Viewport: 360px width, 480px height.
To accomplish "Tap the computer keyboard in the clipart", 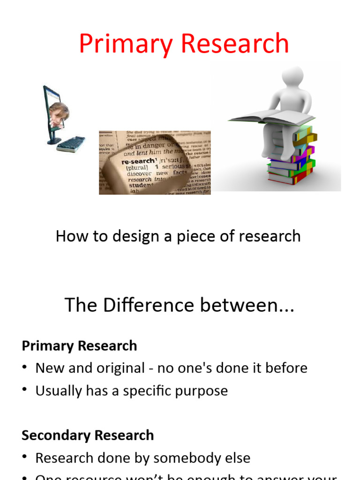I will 71,144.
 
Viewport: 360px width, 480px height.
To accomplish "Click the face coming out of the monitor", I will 59,114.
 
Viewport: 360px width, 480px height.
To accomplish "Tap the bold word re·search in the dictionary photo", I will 138,161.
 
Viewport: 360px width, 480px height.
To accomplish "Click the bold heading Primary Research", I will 79,346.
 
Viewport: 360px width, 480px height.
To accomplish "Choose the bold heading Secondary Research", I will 88,435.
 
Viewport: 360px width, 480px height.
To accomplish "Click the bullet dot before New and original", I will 25,368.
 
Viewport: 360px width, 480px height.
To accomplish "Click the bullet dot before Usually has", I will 25,391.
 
